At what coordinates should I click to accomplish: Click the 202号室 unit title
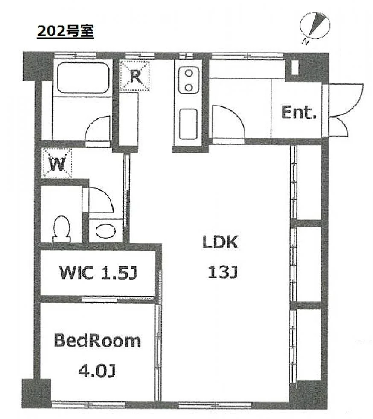pyautogui.click(x=65, y=32)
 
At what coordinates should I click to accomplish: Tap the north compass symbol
pyautogui.click(x=315, y=27)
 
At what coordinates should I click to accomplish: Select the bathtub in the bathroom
pyautogui.click(x=83, y=77)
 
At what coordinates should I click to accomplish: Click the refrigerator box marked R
pyautogui.click(x=135, y=76)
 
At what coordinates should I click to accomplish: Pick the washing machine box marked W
pyautogui.click(x=57, y=163)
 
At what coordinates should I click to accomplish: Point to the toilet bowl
pyautogui.click(x=62, y=228)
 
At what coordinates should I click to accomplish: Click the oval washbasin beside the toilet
pyautogui.click(x=106, y=231)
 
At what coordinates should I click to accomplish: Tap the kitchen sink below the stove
pyautogui.click(x=188, y=124)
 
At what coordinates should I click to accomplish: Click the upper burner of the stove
pyautogui.click(x=189, y=73)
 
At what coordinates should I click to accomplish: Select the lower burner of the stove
pyautogui.click(x=189, y=87)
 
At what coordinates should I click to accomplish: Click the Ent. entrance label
pyautogui.click(x=299, y=112)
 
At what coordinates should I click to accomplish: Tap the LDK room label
pyautogui.click(x=220, y=242)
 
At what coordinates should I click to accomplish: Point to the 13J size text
pyautogui.click(x=222, y=272)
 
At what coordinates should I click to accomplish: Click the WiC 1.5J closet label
pyautogui.click(x=98, y=273)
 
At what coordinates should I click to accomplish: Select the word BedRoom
pyautogui.click(x=97, y=341)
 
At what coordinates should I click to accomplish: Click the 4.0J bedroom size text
pyautogui.click(x=97, y=371)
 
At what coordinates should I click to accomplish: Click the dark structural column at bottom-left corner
pyautogui.click(x=36, y=393)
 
